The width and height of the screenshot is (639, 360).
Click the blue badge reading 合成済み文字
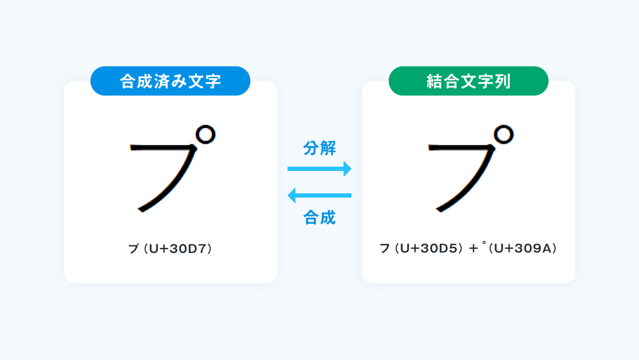coord(170,81)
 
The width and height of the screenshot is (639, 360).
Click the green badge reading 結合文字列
coord(469,81)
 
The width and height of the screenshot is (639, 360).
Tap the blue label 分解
coord(319,148)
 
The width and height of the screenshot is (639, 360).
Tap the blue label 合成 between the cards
coord(319,217)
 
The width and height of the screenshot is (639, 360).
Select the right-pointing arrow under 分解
coord(319,169)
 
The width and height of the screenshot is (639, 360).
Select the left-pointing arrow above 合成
coord(319,195)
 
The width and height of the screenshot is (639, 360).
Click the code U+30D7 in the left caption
coord(177,249)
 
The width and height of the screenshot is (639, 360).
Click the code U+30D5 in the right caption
coord(429,249)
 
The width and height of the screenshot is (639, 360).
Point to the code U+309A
coord(522,249)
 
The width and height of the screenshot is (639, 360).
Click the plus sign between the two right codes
coord(473,249)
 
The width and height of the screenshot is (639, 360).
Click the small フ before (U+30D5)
coord(385,249)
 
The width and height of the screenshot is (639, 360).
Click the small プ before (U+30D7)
coord(134,249)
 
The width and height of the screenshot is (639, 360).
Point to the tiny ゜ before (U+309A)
coord(484,243)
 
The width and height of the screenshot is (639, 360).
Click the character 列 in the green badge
coord(503,81)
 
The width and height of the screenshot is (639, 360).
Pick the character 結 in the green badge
coord(434,81)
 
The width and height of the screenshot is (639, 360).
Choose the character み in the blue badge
coord(179,81)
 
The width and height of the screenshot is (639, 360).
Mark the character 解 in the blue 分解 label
coord(328,148)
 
